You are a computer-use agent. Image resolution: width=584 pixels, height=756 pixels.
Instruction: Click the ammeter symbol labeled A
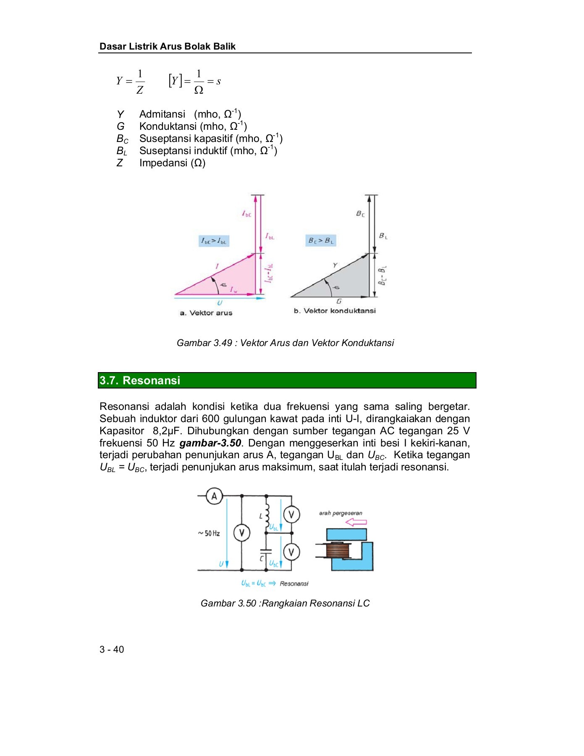tap(214, 496)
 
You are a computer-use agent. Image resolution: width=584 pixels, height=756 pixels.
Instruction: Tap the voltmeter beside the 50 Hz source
tap(241, 533)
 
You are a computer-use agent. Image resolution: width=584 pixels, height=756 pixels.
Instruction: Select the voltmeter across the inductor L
tap(291, 514)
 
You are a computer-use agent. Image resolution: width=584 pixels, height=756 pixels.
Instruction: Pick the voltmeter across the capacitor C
tap(291, 552)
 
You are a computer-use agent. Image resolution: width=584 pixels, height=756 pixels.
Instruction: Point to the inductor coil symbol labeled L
tap(267, 515)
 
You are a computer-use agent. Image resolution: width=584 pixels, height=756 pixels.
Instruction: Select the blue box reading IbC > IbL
tap(214, 241)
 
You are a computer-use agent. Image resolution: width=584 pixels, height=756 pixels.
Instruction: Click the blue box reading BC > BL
tap(321, 241)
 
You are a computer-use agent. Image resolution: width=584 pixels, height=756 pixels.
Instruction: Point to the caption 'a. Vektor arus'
tap(206, 313)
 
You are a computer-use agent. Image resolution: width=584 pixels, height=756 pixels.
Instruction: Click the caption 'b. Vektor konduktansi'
tap(335, 311)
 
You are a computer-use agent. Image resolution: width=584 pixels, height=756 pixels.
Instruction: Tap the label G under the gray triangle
tap(339, 301)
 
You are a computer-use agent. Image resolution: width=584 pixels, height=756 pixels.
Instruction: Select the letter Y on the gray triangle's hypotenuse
tap(335, 265)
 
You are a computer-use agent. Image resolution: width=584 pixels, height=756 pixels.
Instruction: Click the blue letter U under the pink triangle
tap(220, 303)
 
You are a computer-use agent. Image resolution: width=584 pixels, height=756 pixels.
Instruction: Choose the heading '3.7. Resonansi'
tap(140, 381)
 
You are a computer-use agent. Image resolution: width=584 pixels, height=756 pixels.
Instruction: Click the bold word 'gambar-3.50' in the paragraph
tap(210, 443)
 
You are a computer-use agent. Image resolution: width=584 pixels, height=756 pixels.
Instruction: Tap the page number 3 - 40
tap(112, 649)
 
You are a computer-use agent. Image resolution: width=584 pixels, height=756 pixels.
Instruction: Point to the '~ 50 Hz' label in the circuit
tap(209, 533)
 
